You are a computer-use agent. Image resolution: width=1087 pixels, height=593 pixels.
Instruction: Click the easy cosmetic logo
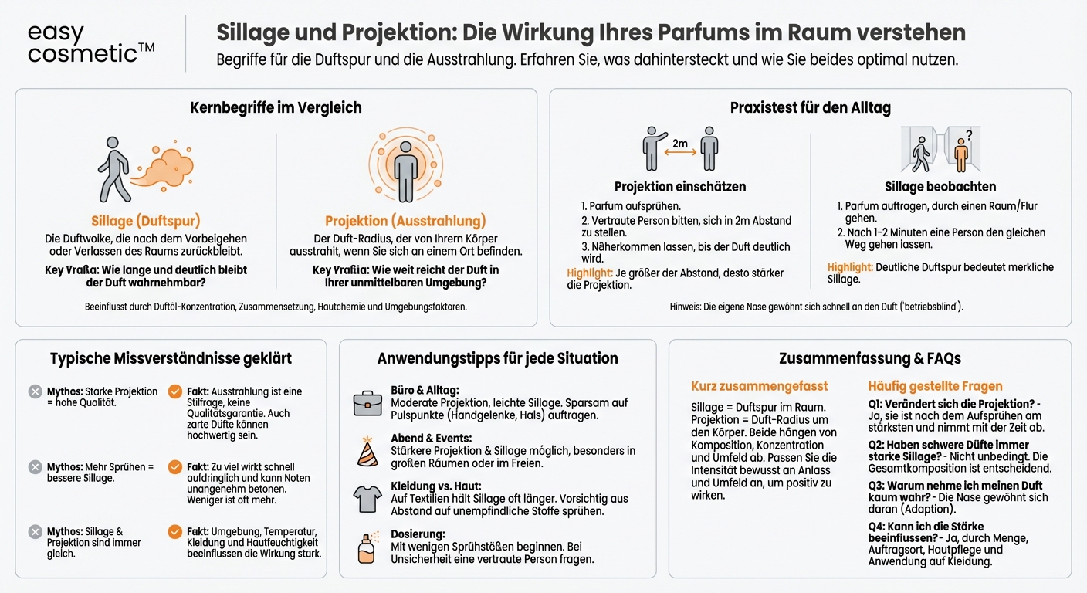click(x=91, y=43)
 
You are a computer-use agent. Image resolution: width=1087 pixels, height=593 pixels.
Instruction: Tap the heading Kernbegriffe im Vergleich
click(x=276, y=107)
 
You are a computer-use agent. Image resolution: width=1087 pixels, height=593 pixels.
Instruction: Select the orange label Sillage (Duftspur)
click(x=146, y=221)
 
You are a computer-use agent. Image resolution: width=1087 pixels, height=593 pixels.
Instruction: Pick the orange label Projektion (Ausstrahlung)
click(x=405, y=221)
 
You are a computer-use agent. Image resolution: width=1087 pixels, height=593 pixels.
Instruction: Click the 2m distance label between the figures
click(x=679, y=144)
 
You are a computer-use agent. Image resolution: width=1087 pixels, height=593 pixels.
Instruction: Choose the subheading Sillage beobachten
click(x=940, y=186)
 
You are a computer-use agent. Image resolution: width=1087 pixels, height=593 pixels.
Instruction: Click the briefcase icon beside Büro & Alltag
click(x=367, y=402)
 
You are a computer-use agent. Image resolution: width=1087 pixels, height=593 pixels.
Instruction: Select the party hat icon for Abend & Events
click(x=367, y=451)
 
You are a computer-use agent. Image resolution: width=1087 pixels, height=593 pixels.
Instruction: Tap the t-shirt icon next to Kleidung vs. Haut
click(x=367, y=499)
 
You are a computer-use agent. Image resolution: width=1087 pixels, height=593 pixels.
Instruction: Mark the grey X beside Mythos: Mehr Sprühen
click(x=35, y=467)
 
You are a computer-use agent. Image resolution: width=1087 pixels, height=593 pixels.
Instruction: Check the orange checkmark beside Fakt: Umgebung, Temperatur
click(x=175, y=532)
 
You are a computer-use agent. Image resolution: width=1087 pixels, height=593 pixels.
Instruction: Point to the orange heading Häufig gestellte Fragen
click(x=935, y=385)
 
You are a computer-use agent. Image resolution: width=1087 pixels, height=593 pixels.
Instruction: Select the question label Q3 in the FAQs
click(x=876, y=486)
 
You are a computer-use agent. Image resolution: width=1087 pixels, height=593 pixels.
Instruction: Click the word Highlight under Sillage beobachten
click(x=850, y=267)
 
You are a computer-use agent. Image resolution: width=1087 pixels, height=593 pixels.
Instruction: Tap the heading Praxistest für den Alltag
click(x=810, y=107)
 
